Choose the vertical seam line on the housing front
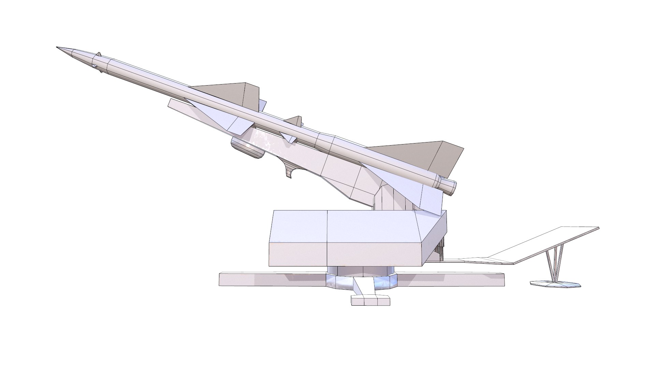[327, 239]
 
